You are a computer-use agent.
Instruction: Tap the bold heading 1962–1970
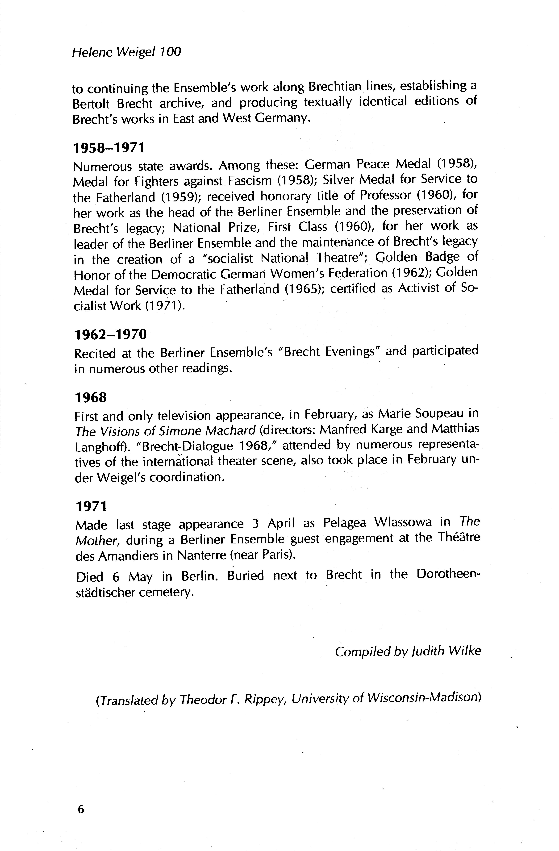pos(111,334)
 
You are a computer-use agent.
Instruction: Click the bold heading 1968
pos(91,397)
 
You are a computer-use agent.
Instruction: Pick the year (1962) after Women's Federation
pos(410,273)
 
